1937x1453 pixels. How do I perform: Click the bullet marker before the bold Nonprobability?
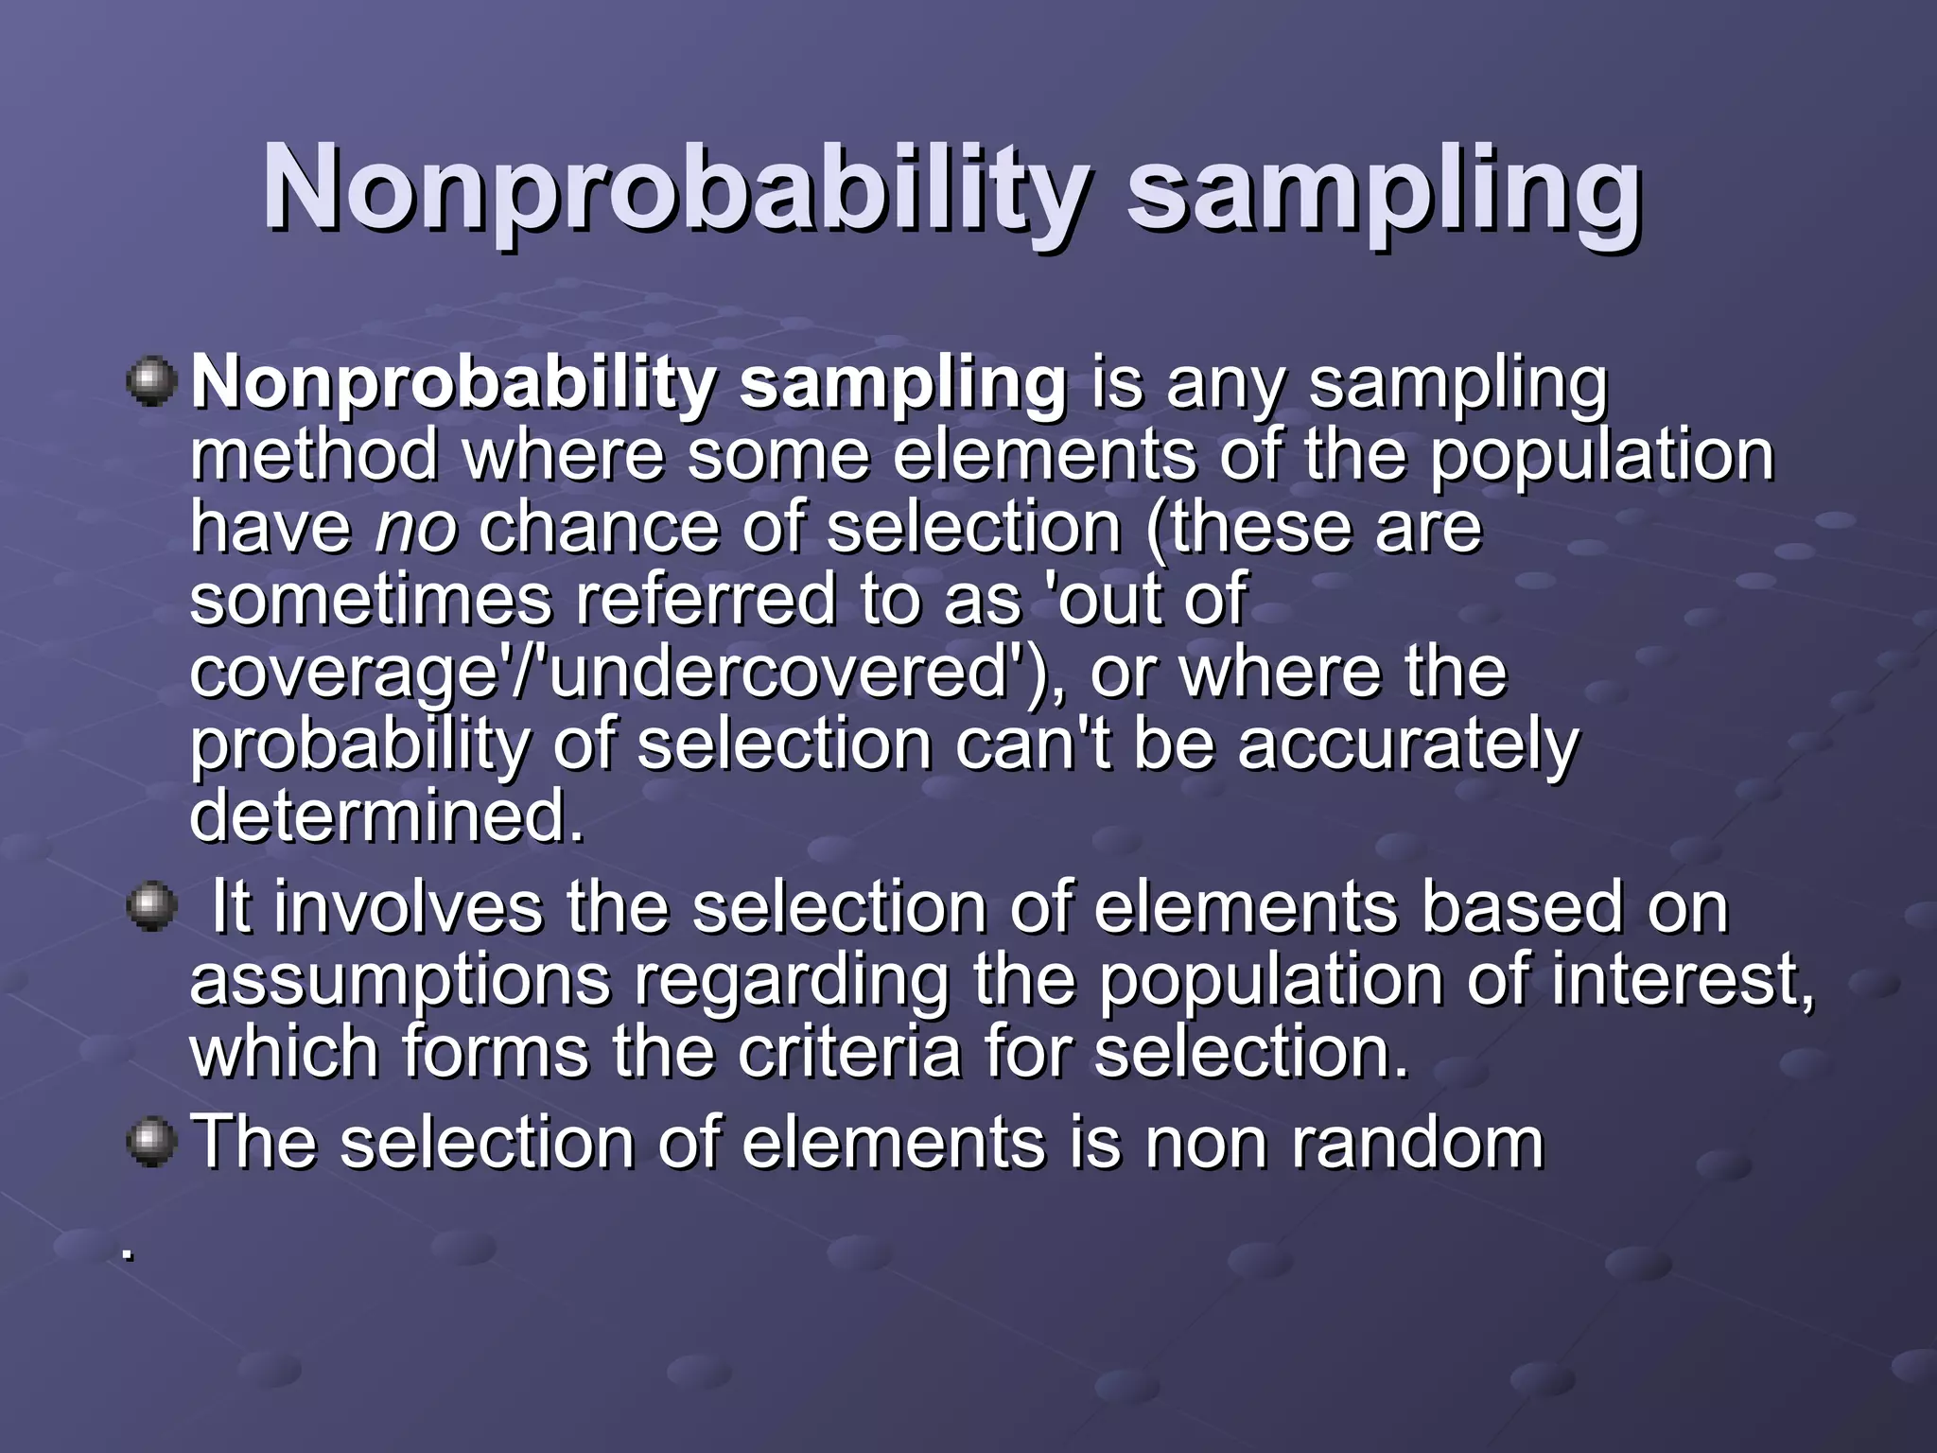coord(151,382)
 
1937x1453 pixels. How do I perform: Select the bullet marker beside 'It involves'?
coord(151,906)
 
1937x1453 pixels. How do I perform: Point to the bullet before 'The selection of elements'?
coord(151,1142)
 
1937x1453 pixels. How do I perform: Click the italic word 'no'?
coord(416,528)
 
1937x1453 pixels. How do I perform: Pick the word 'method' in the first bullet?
coord(314,456)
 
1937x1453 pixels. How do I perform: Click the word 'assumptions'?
coord(401,980)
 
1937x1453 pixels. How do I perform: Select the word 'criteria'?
coord(849,1052)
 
